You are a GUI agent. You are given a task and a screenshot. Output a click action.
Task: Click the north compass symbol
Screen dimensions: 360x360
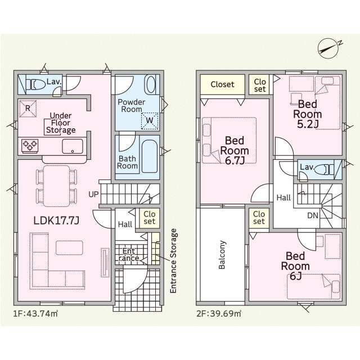point(329,48)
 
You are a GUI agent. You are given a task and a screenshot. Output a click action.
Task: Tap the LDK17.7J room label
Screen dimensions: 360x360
point(56,220)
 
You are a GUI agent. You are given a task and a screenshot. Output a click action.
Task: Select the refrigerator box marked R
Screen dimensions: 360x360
point(28,109)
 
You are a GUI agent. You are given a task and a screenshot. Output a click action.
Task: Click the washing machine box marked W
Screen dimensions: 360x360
point(150,120)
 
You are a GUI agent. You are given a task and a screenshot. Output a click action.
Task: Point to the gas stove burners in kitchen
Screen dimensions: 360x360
point(30,145)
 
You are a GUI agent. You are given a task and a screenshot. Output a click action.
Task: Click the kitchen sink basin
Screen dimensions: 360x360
point(73,146)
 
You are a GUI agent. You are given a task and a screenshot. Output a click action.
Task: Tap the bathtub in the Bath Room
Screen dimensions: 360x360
point(150,156)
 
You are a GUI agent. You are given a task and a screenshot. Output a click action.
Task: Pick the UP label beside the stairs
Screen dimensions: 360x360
point(93,195)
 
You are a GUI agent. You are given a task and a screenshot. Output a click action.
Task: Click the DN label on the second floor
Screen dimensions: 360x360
point(313,215)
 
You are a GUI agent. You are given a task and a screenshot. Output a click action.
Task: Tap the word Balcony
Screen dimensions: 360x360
point(222,255)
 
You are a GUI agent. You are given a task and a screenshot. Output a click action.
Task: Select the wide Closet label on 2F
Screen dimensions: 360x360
point(223,84)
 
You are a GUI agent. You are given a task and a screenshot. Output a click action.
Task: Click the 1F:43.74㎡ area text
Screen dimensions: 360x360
point(35,313)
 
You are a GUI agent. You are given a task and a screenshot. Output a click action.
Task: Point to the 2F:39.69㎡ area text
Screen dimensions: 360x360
point(219,313)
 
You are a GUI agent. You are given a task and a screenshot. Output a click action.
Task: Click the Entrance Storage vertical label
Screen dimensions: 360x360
point(174,261)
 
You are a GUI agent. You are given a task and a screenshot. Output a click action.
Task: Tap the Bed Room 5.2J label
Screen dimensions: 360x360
point(308,114)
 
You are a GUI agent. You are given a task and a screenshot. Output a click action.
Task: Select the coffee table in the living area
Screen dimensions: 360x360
point(69,247)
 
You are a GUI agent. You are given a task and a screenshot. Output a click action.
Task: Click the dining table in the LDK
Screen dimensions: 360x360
point(56,186)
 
